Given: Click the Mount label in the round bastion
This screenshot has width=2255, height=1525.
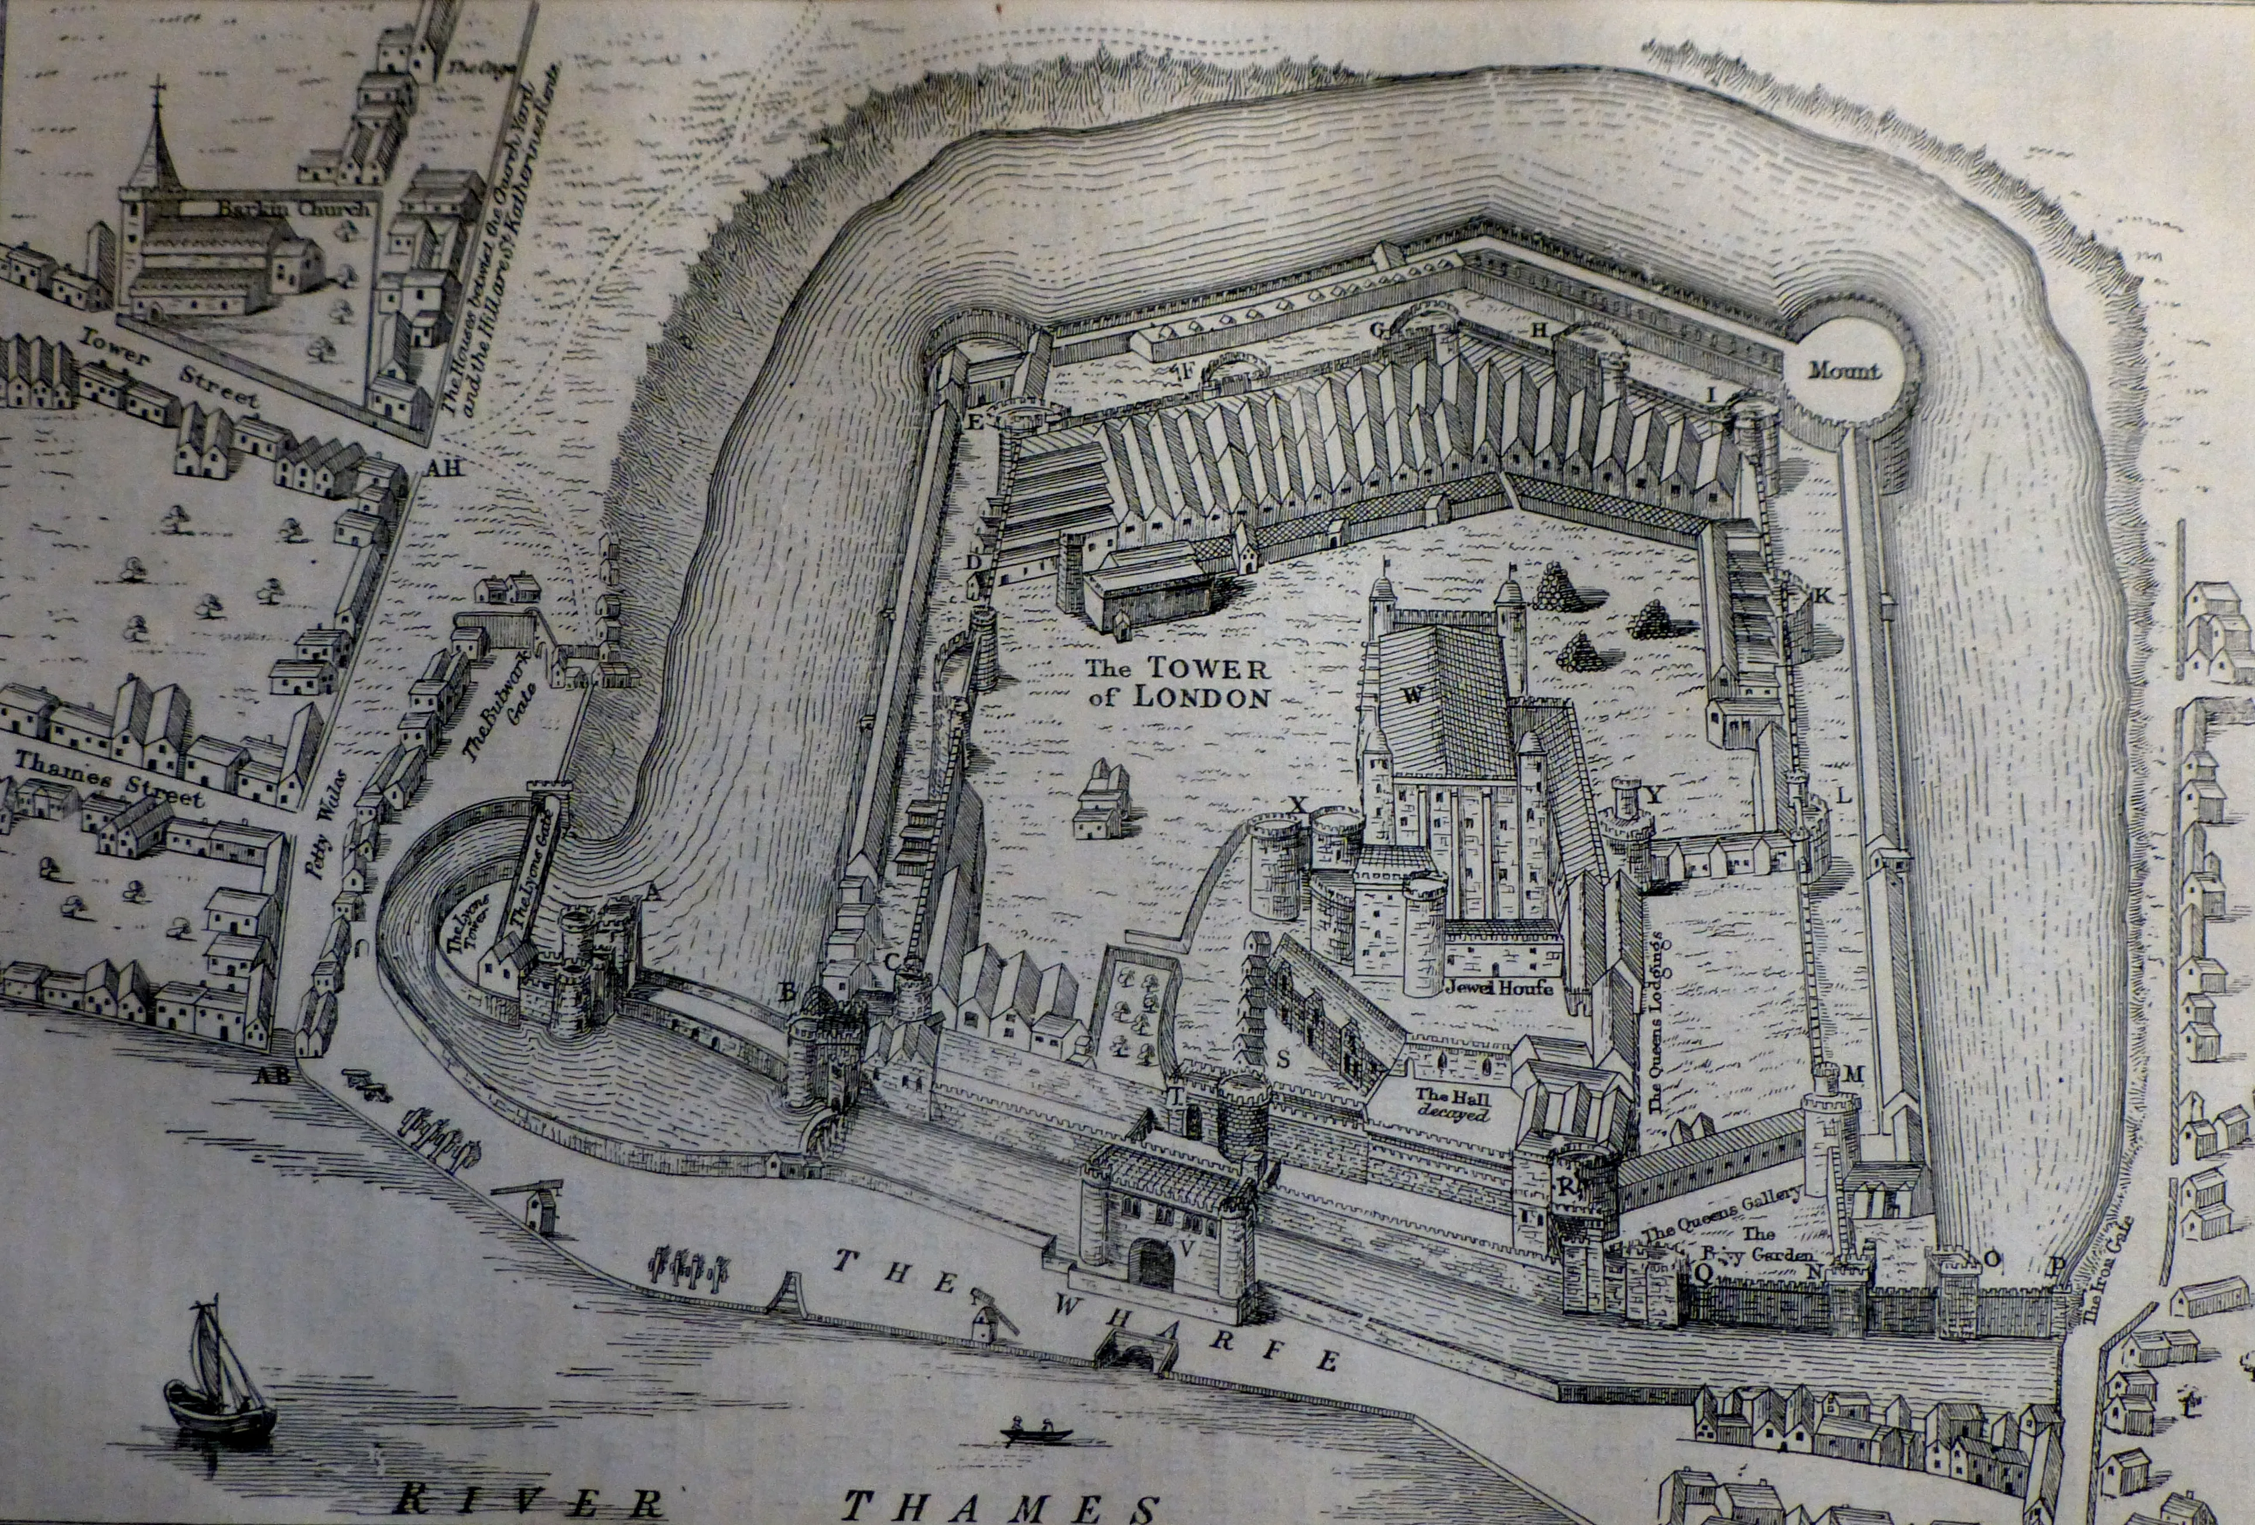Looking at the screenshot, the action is [x=1843, y=371].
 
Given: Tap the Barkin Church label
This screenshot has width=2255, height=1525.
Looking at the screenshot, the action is [x=294, y=208].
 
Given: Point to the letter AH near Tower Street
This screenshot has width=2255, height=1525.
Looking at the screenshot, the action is [x=445, y=470].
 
